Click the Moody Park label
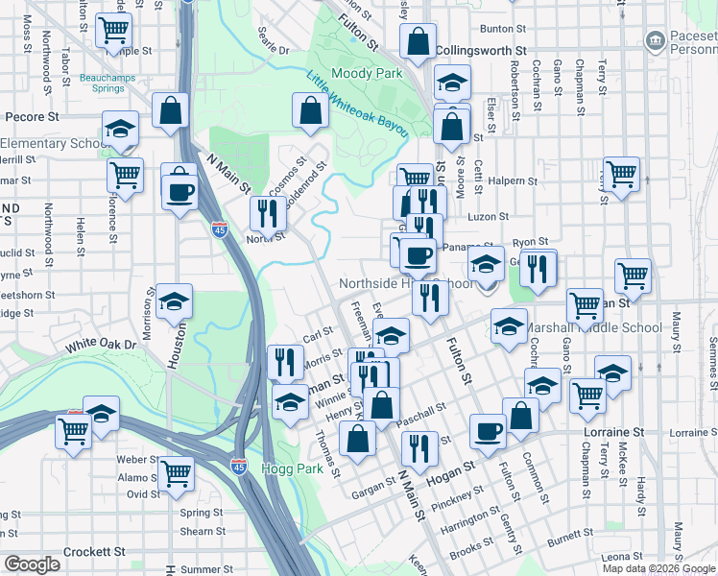click(367, 73)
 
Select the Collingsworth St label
click(481, 49)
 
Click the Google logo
click(32, 564)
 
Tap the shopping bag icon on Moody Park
click(311, 111)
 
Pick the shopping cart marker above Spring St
click(176, 472)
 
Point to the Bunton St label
click(510, 30)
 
